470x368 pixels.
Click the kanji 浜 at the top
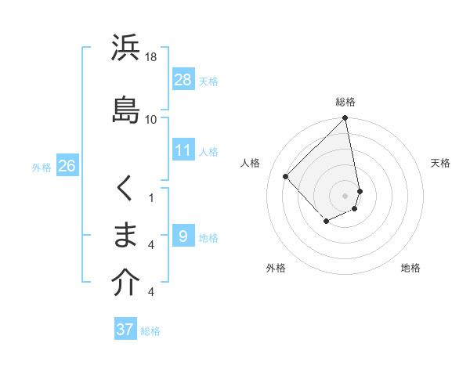(126, 49)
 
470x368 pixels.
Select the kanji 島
(126, 109)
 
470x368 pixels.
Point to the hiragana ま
(126, 235)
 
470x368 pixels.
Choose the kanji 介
(126, 283)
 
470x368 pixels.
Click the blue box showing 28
(183, 80)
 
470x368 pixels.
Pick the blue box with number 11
(183, 150)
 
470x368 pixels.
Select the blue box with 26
(67, 166)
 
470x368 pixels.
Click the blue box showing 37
(125, 330)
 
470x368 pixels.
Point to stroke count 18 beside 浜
(151, 57)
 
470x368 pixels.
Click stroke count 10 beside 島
(151, 119)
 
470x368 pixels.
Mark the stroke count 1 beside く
(150, 198)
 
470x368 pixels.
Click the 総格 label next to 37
(150, 331)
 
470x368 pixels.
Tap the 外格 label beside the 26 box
(42, 167)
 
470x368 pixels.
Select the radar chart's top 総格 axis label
(345, 102)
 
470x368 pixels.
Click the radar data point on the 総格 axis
(345, 118)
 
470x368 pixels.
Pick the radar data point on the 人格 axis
(286, 176)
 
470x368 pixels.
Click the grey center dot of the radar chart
(345, 195)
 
